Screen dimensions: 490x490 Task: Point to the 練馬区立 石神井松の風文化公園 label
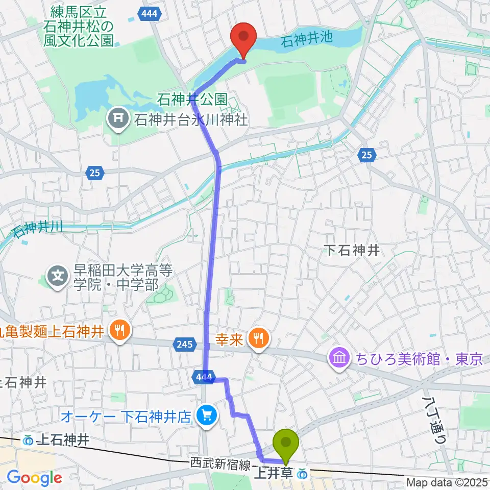coord(82,25)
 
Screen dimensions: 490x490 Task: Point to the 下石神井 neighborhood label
coord(353,250)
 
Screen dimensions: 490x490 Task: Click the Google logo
coord(35,478)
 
